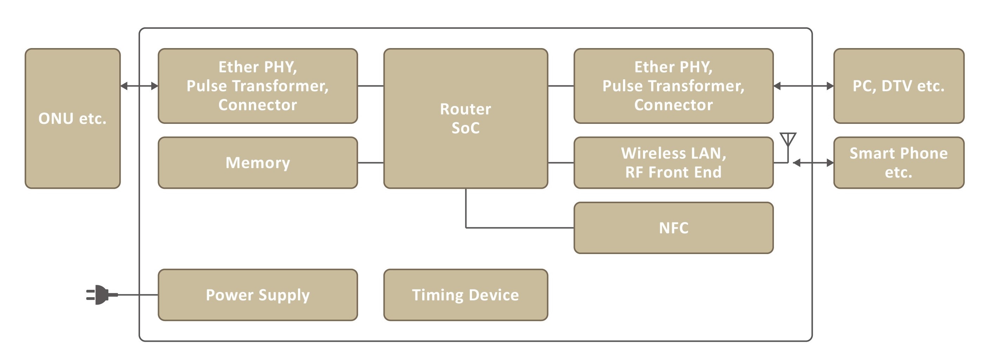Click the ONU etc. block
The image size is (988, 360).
tap(73, 118)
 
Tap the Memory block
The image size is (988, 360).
tap(258, 162)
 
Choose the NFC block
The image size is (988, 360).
tap(673, 228)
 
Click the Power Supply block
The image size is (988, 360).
tap(258, 294)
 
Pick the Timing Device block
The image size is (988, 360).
tap(465, 294)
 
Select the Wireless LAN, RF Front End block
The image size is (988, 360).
tap(673, 162)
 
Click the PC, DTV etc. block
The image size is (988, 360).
tap(898, 86)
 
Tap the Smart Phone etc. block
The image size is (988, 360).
tap(898, 162)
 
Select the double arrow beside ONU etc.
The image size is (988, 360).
tap(139, 86)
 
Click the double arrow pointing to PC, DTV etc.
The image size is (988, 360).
tap(803, 86)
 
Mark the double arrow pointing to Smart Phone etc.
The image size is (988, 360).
tap(813, 163)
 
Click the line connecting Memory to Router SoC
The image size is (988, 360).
tap(371, 162)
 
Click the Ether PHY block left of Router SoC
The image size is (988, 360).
tap(258, 86)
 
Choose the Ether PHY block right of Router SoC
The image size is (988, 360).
tap(673, 86)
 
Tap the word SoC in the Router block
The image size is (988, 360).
tap(465, 128)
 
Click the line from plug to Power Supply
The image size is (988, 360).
tap(138, 294)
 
